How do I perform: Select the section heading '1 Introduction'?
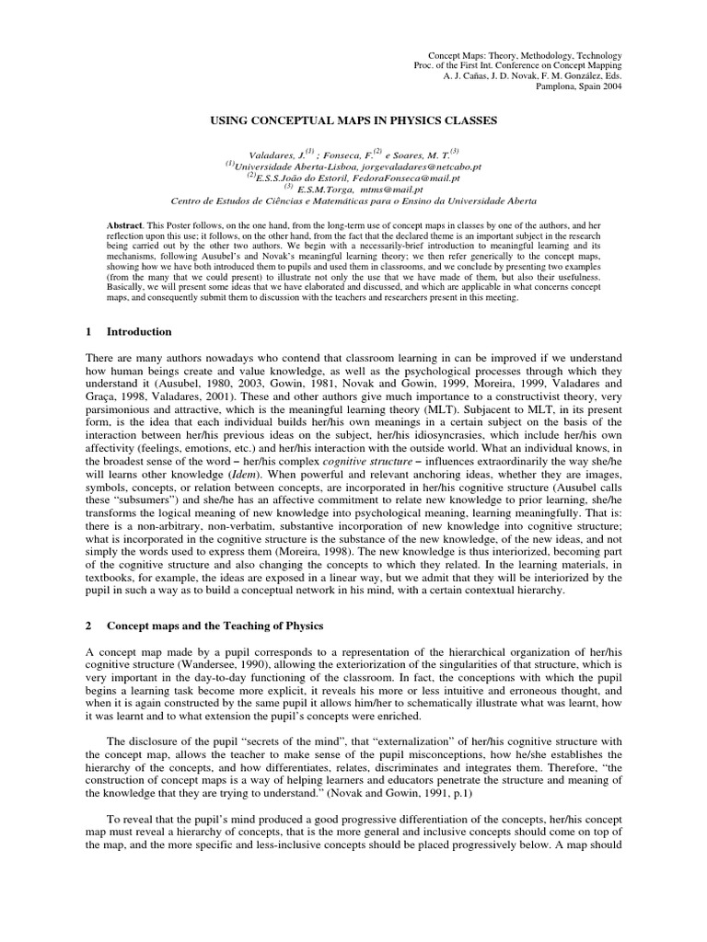pos(129,331)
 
